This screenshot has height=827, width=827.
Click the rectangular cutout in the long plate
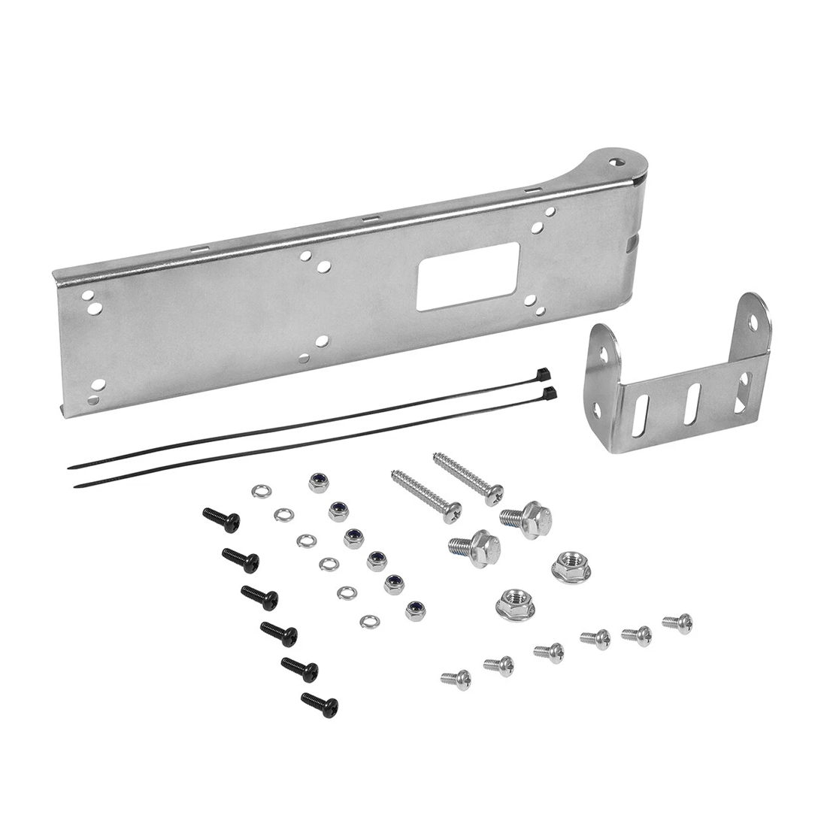(x=468, y=276)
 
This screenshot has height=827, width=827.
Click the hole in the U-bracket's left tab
(x=602, y=353)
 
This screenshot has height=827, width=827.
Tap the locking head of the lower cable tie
(x=550, y=393)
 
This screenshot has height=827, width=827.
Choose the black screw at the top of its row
(x=222, y=519)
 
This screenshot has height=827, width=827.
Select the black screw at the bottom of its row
(x=320, y=704)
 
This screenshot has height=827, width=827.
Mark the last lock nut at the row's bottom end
(x=415, y=610)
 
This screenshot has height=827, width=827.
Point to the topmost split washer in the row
(x=261, y=491)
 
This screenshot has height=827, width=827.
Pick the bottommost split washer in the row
(x=369, y=621)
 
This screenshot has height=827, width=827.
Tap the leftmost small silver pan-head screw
(x=456, y=679)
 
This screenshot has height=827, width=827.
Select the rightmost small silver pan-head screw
(x=678, y=623)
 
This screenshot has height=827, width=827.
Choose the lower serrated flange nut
(x=515, y=604)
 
